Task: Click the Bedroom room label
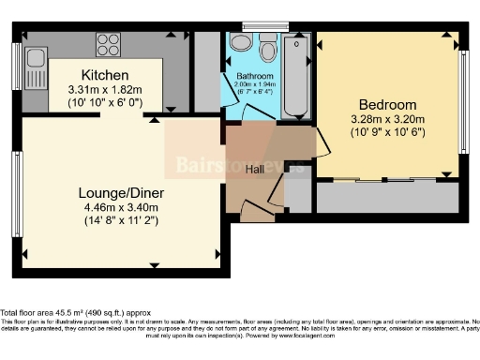pyautogui.click(x=387, y=104)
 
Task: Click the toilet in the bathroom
pyautogui.click(x=268, y=48)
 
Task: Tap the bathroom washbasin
pyautogui.click(x=240, y=43)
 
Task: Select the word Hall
pyautogui.click(x=255, y=170)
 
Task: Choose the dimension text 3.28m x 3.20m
pyautogui.click(x=387, y=119)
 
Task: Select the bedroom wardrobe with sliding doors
pyautogui.click(x=386, y=196)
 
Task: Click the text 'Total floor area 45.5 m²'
pyautogui.click(x=56, y=312)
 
